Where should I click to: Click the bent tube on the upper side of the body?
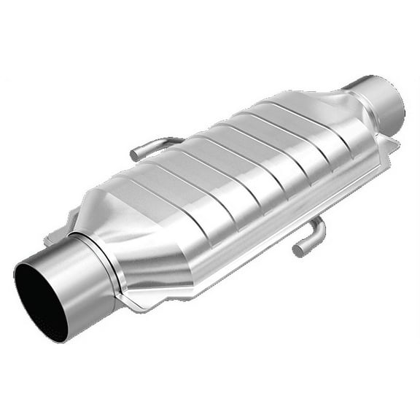click(153, 144)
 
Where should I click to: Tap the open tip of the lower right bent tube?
click(297, 251)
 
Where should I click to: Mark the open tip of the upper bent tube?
click(135, 154)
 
